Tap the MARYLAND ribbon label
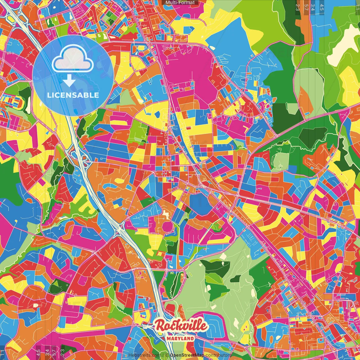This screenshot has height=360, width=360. coord(180,339)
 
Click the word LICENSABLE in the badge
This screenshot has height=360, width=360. coord(73,95)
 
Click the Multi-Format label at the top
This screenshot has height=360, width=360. coord(180,3)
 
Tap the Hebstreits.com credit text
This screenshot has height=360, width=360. coord(145,355)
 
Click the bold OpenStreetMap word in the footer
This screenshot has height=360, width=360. coord(187,355)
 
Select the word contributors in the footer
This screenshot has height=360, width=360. coord(218,355)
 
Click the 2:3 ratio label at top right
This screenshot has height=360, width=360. coord(298,7)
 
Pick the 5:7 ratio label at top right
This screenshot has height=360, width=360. coord(306,7)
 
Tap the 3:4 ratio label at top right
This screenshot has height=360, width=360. coord(313,7)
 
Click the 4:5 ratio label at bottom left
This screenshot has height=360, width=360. coord(38,353)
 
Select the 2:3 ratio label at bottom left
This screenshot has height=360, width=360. coord(62,353)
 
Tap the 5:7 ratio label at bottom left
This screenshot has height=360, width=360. coord(54,353)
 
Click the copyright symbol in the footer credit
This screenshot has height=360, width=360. coord(167,355)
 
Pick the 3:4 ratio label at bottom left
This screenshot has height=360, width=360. coord(47,353)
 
